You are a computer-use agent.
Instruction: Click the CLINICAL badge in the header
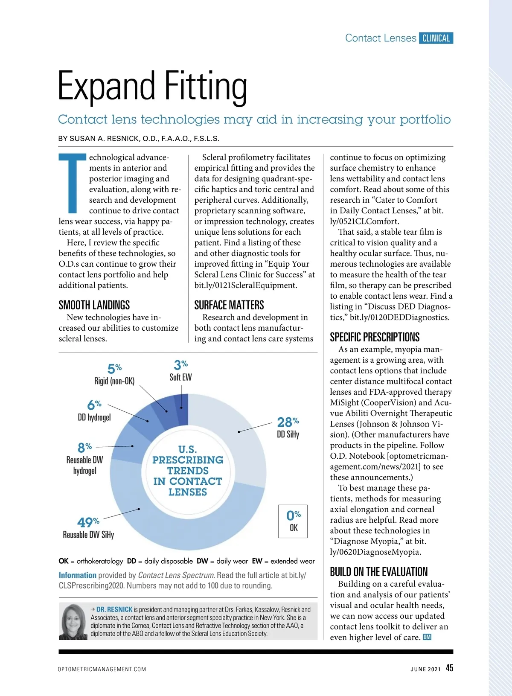coord(436,38)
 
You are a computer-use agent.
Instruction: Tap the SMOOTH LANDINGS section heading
coord(94,305)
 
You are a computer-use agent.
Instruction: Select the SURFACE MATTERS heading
coord(229,305)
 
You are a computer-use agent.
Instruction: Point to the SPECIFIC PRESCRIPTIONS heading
coord(375,337)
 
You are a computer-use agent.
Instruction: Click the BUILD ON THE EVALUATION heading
coord(378,572)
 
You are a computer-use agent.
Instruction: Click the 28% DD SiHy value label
coord(288,422)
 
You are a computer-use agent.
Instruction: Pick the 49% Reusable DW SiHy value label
coord(88,522)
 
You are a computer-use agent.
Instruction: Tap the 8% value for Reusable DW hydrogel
coord(84,447)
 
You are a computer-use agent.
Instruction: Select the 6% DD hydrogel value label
coord(94,405)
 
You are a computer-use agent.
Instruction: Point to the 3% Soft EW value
coord(180,365)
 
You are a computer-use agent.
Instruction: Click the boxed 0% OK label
coord(293,521)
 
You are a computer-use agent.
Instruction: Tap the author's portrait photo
coord(74,622)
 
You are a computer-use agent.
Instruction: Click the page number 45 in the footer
coord(449,668)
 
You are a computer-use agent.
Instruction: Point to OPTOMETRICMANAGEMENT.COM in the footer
coord(102,669)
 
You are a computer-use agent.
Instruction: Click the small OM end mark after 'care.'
coord(427,637)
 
